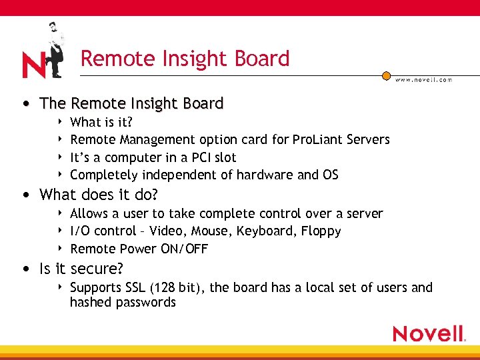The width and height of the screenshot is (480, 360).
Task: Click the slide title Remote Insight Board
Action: click(x=185, y=59)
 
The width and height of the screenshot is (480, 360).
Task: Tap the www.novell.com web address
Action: click(x=423, y=79)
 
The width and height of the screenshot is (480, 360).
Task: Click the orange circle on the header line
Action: click(x=386, y=76)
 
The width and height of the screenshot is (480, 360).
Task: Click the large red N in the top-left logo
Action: click(x=33, y=65)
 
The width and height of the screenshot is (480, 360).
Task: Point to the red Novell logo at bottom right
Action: click(x=429, y=333)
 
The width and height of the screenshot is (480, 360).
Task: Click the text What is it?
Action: click(x=101, y=122)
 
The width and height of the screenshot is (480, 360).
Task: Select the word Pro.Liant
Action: click(x=313, y=139)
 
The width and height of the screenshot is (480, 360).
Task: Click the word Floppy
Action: click(x=321, y=231)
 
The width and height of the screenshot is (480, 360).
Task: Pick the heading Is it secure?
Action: click(x=82, y=269)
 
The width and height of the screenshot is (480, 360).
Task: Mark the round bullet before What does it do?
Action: click(x=25, y=195)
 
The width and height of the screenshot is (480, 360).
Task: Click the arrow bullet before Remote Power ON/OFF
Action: click(x=61, y=249)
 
